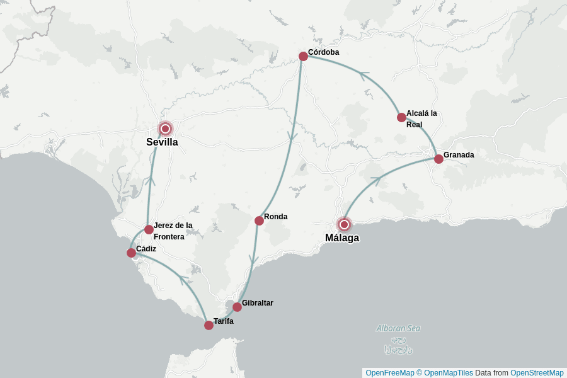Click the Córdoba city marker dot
pyautogui.click(x=303, y=56)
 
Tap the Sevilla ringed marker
pyautogui.click(x=165, y=129)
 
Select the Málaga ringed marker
pyautogui.click(x=344, y=224)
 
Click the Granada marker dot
pyautogui.click(x=438, y=159)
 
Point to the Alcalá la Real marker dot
pyautogui.click(x=401, y=117)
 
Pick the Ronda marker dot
pyautogui.click(x=259, y=220)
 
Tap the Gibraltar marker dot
pyautogui.click(x=237, y=307)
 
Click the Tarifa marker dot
pyautogui.click(x=209, y=325)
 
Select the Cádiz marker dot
pyautogui.click(x=131, y=253)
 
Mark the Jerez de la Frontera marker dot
pyautogui.click(x=149, y=229)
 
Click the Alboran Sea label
pyautogui.click(x=398, y=328)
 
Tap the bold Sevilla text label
pyautogui.click(x=162, y=142)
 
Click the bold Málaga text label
pyautogui.click(x=342, y=238)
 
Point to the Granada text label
pyautogui.click(x=459, y=155)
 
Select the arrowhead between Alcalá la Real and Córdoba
pyautogui.click(x=363, y=74)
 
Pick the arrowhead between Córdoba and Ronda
pyautogui.click(x=292, y=137)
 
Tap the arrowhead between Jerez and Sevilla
pyautogui.click(x=151, y=180)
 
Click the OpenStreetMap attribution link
pyautogui.click(x=537, y=373)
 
